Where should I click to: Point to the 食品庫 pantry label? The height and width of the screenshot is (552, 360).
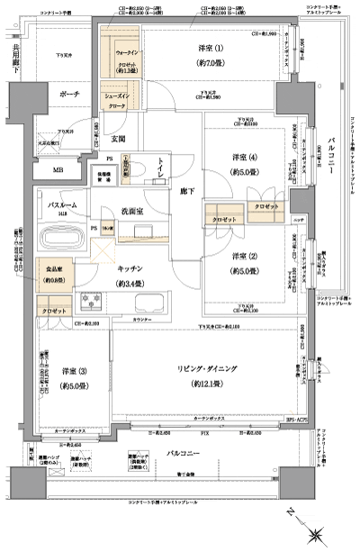pos(56,272)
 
